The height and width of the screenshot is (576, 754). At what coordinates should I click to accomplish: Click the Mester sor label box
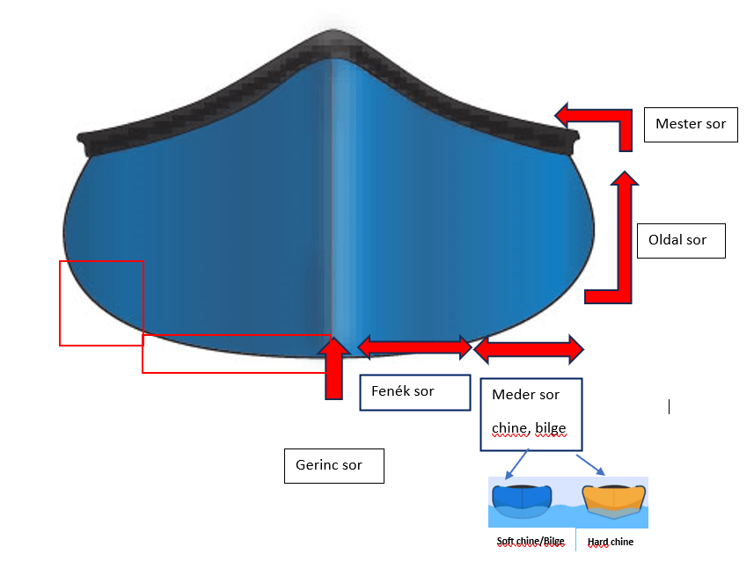click(690, 124)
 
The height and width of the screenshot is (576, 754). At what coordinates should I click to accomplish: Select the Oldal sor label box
click(680, 240)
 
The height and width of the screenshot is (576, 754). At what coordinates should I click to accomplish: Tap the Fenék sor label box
click(414, 391)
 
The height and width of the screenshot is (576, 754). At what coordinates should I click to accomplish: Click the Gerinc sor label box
click(334, 465)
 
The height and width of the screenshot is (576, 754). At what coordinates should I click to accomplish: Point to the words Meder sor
click(526, 395)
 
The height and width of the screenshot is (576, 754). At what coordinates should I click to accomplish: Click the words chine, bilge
click(529, 428)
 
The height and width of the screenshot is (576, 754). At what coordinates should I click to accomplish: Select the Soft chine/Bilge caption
click(530, 542)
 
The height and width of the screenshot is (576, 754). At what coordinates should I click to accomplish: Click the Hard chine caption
click(611, 542)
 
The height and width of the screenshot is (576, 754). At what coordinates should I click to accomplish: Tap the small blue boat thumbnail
click(523, 499)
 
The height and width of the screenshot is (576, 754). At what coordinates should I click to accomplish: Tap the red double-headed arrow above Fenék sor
click(414, 346)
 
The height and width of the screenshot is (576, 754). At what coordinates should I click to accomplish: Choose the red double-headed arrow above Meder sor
click(529, 349)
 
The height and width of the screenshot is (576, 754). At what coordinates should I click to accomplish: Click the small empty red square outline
click(101, 303)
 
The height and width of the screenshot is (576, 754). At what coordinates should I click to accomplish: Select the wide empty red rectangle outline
click(237, 353)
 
